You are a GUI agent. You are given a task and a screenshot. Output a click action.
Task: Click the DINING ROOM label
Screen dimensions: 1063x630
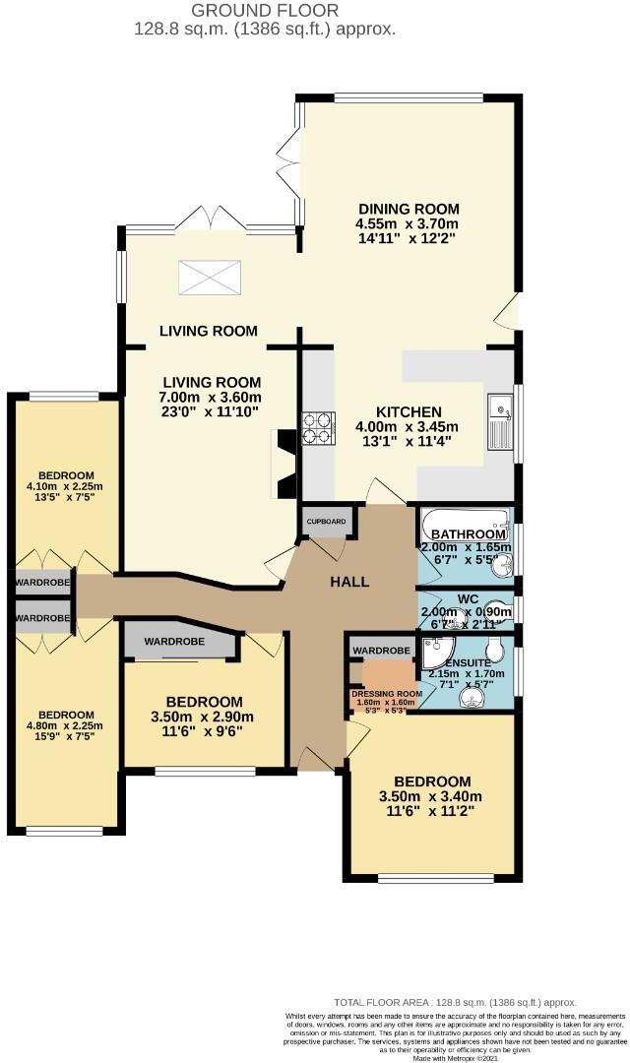[x=409, y=209]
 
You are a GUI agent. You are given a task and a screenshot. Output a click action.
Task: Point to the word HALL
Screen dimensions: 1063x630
[x=349, y=582]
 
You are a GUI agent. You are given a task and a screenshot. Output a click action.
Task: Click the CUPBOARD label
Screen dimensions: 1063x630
[x=325, y=521]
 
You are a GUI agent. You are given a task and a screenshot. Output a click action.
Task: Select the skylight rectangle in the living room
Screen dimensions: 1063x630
[x=207, y=277]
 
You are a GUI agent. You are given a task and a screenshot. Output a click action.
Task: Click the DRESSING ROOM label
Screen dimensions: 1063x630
[x=386, y=693]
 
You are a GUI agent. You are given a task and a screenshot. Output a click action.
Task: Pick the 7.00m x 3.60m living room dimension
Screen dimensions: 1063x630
[x=212, y=399]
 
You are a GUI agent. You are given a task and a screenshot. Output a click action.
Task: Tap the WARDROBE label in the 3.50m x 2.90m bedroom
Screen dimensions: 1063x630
[x=174, y=642]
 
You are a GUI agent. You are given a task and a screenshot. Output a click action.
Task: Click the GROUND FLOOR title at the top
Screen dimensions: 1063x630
[x=265, y=11]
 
